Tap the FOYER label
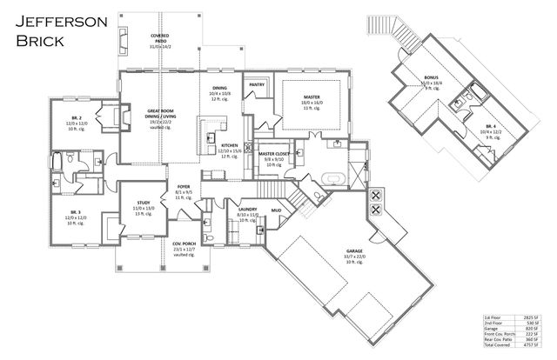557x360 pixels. [x=184, y=187]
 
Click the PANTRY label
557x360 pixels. [x=257, y=84]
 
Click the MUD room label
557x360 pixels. [x=276, y=210]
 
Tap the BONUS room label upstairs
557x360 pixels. [x=432, y=77]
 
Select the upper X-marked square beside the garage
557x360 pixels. [x=377, y=194]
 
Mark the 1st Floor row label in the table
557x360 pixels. [x=494, y=319]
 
